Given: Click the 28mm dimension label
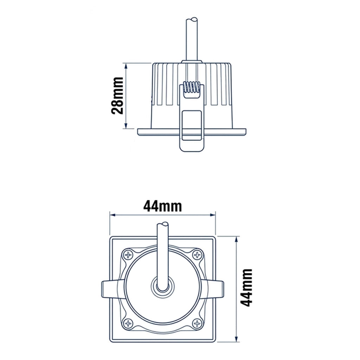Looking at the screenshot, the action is [117, 96].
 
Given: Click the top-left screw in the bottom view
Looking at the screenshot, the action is [128, 255].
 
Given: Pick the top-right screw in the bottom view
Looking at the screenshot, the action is [197, 255].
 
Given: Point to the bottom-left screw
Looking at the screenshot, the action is [128, 323].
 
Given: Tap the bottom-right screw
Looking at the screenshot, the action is [197, 323].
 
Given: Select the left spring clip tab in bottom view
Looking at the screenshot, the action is [110, 289].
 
